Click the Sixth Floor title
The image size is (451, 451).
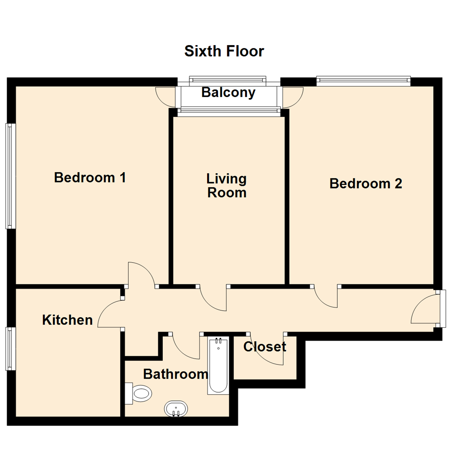pyautogui.click(x=224, y=51)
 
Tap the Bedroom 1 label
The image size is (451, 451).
pyautogui.click(x=90, y=177)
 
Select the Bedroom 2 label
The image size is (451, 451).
pyautogui.click(x=366, y=183)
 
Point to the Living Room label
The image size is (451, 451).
pyautogui.click(x=227, y=186)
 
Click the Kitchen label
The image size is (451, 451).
pyautogui.click(x=67, y=320)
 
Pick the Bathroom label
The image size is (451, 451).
pyautogui.click(x=175, y=374)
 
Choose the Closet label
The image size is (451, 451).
pyautogui.click(x=265, y=347)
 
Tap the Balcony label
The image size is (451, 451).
pyautogui.click(x=228, y=92)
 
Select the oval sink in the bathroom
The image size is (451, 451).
pyautogui.click(x=176, y=408)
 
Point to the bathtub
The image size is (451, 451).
pyautogui.click(x=218, y=366)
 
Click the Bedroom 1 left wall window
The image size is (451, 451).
pyautogui.click(x=10, y=176)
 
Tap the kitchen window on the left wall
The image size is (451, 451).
pyautogui.click(x=10, y=349)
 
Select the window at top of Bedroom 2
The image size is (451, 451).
pyautogui.click(x=363, y=81)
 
